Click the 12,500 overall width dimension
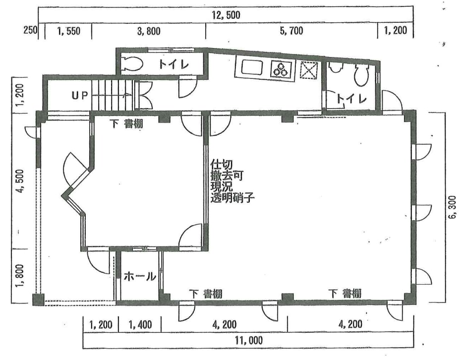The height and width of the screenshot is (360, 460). click(x=226, y=15)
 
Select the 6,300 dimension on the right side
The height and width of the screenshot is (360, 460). click(x=452, y=207)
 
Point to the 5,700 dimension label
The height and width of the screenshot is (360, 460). click(x=291, y=31)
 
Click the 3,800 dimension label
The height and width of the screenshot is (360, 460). click(x=149, y=31)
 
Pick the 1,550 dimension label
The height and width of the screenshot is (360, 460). click(x=69, y=31)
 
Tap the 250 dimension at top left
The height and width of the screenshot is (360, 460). click(x=31, y=30)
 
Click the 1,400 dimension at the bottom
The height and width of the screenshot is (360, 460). click(x=140, y=325)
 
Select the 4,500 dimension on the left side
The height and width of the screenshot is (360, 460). click(x=20, y=181)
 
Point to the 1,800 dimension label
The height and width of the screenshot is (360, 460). click(x=19, y=276)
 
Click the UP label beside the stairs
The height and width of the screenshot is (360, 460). click(x=80, y=95)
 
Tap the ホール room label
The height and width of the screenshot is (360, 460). click(x=139, y=276)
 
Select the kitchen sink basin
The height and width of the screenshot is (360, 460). click(x=252, y=68)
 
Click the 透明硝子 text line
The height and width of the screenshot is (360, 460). click(x=232, y=198)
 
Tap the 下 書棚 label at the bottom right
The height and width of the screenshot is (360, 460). click(x=345, y=294)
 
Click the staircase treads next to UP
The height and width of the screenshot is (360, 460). click(x=113, y=95)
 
